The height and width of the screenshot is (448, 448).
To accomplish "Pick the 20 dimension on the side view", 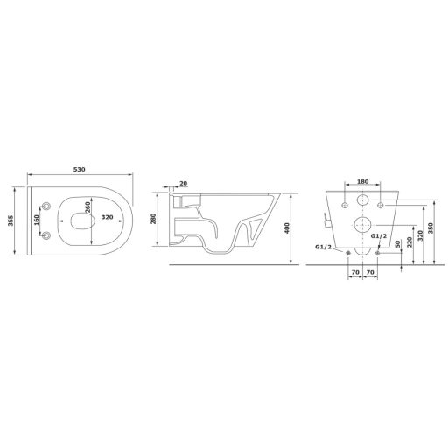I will click(182, 184).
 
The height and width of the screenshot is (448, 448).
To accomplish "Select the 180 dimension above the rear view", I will click(363, 183).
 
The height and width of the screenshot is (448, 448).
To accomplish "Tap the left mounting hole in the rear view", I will click(346, 203).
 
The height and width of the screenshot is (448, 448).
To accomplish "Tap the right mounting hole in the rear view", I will click(381, 203).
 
